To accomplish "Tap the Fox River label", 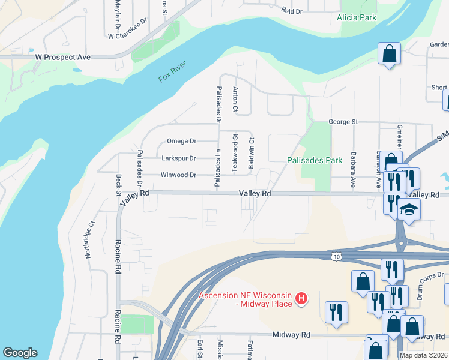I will coord(173,72).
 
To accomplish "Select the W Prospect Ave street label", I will coord(62,56).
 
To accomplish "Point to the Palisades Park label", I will coord(314,160).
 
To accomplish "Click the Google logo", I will coord(20,353).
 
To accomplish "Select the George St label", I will coord(343,122).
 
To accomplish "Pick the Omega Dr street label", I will coord(181,141).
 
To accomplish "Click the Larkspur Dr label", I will coord(179,158).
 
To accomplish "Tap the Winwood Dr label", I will coord(178,175).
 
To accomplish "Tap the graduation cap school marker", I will coord(409,210).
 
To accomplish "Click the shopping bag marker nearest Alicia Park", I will coord(389,53).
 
